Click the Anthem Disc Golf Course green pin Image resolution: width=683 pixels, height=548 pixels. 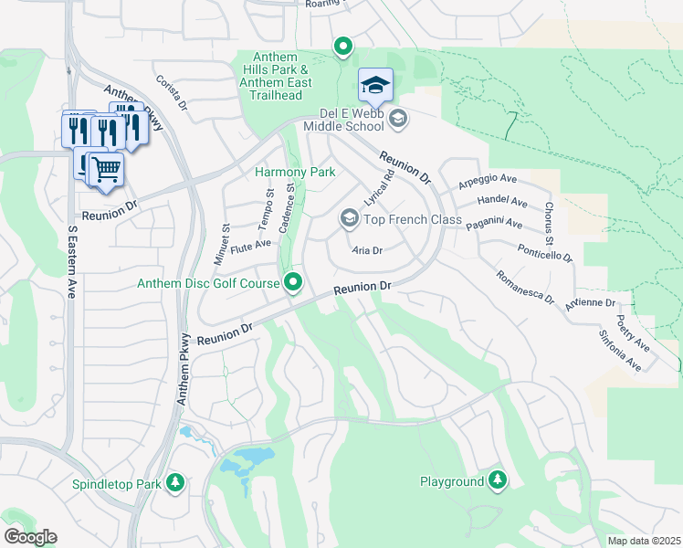[x=293, y=283]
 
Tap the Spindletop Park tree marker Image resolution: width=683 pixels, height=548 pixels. [x=174, y=482]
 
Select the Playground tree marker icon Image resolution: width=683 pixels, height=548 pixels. [x=497, y=480]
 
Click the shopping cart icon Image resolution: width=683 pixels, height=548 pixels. [x=106, y=168]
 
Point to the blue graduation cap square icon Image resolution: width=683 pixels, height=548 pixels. [x=375, y=85]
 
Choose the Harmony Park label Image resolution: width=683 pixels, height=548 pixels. [x=295, y=172]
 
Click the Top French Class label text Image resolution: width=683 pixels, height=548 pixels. [x=413, y=219]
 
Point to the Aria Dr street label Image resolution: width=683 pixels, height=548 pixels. [x=366, y=250]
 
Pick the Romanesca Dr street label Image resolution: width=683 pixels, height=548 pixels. [x=523, y=286]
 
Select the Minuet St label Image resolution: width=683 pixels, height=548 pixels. [x=221, y=244]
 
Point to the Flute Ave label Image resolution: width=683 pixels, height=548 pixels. [x=251, y=246]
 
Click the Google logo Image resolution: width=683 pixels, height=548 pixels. [x=30, y=537]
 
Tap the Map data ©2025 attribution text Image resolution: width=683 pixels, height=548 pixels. [x=643, y=541]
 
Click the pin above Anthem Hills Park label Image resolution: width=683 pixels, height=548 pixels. [x=342, y=46]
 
